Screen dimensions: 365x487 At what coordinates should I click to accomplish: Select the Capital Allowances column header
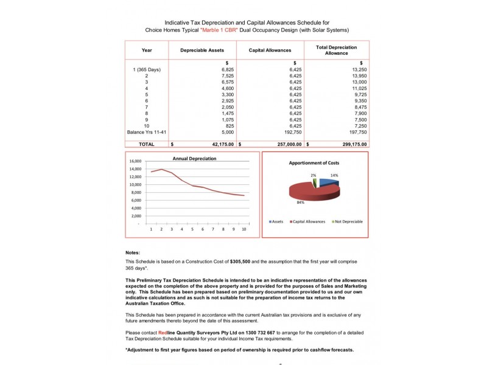(270, 50)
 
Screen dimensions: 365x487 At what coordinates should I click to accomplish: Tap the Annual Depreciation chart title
(194, 158)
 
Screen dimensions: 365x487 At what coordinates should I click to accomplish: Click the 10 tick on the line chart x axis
(243, 229)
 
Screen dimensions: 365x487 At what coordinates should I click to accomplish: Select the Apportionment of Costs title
(314, 163)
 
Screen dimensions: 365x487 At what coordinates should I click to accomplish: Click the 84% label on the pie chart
(300, 202)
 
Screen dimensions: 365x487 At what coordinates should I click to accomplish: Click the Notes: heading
(133, 252)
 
